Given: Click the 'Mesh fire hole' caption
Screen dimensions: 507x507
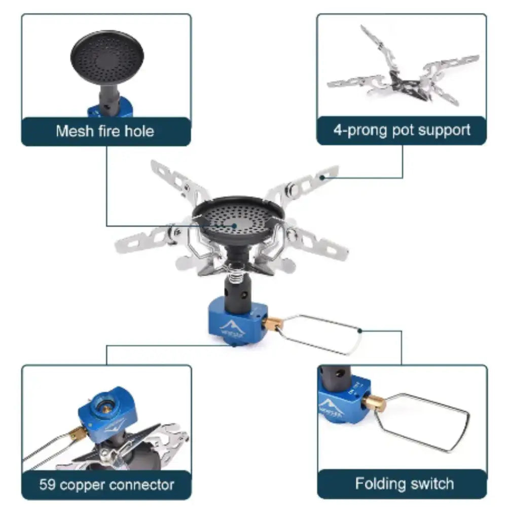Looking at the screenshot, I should click(105, 131).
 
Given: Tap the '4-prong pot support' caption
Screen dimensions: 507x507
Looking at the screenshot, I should click(402, 130).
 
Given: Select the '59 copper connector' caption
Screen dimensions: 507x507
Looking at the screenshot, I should click(106, 484).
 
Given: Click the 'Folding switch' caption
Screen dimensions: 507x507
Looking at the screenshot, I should click(404, 483).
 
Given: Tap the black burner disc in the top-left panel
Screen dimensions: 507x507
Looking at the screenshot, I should click(107, 56).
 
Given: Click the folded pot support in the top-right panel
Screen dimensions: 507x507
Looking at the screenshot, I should click(403, 76).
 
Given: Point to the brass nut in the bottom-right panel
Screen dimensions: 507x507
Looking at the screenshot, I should click(374, 404).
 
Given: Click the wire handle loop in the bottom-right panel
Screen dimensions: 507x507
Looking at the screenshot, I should click(423, 422).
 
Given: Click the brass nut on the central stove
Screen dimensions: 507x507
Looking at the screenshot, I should click(274, 323).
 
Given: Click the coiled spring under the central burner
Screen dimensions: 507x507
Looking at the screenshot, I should click(234, 276).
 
